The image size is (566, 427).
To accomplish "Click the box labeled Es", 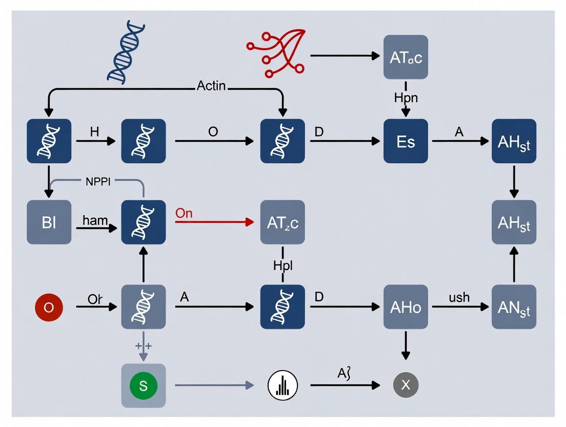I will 406,141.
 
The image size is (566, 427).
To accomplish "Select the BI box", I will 49,222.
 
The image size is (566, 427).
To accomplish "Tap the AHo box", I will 406,307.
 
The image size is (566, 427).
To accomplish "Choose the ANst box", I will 514,307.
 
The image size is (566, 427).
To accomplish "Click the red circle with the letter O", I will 49,307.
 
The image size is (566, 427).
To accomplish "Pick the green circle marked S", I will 143,385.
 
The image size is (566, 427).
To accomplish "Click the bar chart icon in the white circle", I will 282,385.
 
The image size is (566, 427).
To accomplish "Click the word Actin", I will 211,86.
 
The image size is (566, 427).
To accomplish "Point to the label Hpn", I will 406,97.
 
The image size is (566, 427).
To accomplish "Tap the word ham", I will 95,221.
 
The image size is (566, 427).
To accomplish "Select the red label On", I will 184,213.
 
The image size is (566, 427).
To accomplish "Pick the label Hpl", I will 282,265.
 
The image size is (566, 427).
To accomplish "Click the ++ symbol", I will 143,345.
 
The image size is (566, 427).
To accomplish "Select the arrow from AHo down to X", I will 406,344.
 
